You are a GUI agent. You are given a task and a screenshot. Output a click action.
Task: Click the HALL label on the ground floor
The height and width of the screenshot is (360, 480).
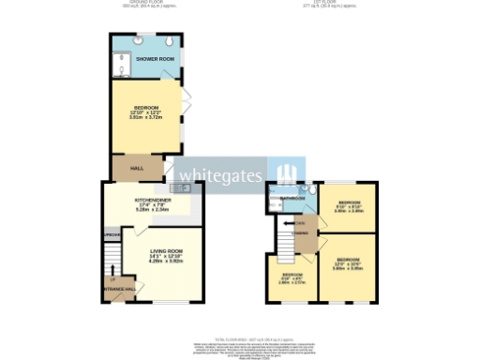coord(137,169)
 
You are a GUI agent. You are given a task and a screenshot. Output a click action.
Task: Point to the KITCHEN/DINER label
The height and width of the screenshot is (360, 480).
coord(151,200)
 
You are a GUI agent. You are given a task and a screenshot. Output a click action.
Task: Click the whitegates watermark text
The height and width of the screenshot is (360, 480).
coord(221,174)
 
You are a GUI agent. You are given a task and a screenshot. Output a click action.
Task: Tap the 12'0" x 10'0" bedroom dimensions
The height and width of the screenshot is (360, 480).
coord(348,265)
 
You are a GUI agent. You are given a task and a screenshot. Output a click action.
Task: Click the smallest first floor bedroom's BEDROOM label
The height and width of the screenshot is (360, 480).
coord(292,274)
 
